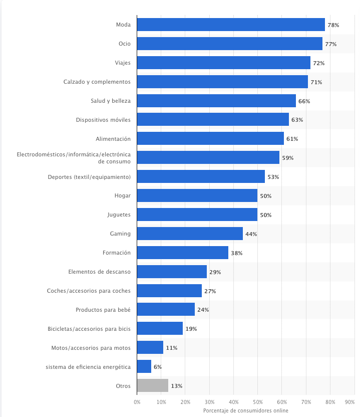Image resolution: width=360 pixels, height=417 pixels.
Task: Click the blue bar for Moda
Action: coord(230,25)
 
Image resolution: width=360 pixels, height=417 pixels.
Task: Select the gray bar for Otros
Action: coord(152,385)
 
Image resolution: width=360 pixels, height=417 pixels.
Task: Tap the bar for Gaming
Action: coord(189,234)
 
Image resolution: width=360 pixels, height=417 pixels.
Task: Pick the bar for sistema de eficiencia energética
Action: coord(144,366)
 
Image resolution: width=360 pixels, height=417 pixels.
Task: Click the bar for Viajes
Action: coord(223,63)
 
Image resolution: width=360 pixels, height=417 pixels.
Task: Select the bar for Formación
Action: coord(182,253)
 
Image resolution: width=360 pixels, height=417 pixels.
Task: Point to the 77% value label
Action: coord(330,44)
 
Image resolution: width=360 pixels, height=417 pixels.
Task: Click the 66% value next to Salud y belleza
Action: coord(304,101)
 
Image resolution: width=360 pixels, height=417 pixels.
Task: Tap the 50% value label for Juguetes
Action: coord(265,215)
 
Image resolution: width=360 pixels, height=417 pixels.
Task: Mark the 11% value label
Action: coord(171,348)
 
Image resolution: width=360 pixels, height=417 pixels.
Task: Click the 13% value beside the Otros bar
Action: coord(176,386)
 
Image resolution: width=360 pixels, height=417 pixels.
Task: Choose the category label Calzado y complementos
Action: coord(97,82)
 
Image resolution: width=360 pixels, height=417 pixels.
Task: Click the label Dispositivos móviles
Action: coord(103,120)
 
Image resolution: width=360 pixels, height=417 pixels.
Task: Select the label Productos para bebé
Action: coord(103,310)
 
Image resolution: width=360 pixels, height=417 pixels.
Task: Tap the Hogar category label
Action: coord(122,195)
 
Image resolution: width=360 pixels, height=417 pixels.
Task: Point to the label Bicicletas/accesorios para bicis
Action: coord(88,329)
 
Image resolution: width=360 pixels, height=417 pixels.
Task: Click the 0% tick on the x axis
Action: coord(137,402)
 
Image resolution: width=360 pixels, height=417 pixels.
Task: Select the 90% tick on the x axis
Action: coord(350,402)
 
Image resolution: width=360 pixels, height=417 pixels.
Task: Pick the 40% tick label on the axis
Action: coord(233,402)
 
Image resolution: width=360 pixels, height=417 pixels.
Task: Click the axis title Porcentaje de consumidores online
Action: coord(245,410)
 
